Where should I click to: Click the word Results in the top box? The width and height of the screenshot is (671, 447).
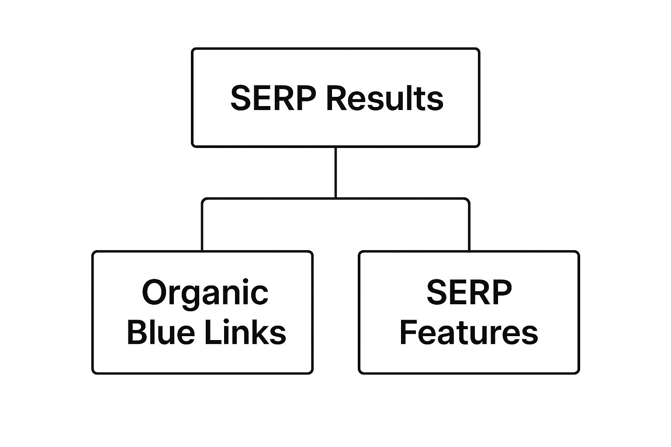pyautogui.click(x=384, y=98)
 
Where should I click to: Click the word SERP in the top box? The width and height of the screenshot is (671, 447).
pyautogui.click(x=273, y=98)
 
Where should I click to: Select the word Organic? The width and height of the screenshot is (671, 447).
pyautogui.click(x=205, y=293)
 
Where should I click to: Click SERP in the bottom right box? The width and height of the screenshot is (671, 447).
pyautogui.click(x=469, y=292)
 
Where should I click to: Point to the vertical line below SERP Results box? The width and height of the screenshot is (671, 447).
pyautogui.click(x=335, y=172)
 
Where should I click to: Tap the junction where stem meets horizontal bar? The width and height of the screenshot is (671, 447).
pyautogui.click(x=335, y=199)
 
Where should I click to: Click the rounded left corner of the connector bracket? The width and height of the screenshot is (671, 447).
pyautogui.click(x=204, y=200)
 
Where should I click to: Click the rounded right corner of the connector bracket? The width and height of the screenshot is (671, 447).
pyautogui.click(x=467, y=200)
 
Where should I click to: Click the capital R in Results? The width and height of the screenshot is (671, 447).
pyautogui.click(x=335, y=98)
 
